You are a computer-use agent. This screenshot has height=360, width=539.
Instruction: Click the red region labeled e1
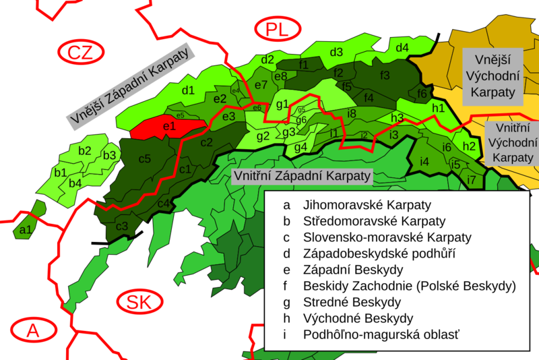coord(168,126)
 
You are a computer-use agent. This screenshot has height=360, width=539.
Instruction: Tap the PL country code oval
coord(275,30)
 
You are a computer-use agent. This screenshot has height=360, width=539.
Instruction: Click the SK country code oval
coord(138,301)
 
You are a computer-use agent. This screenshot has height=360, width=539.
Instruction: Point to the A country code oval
coord(32,330)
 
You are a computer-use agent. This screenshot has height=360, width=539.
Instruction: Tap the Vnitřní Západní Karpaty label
coord(301,175)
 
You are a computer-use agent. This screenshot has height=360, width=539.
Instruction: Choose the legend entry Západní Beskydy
coord(348,270)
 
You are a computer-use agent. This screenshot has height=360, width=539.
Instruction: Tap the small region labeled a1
coord(26,231)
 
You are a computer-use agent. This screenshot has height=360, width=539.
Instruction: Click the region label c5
coord(145,159)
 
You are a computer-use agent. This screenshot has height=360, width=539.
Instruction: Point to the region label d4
coord(402,48)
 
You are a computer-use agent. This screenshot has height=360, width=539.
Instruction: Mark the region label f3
coord(385,75)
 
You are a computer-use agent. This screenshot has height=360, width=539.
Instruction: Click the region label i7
coord(471,180)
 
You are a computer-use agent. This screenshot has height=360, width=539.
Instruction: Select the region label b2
coord(84,150)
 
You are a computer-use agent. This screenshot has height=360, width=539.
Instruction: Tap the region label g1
coord(282,104)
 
